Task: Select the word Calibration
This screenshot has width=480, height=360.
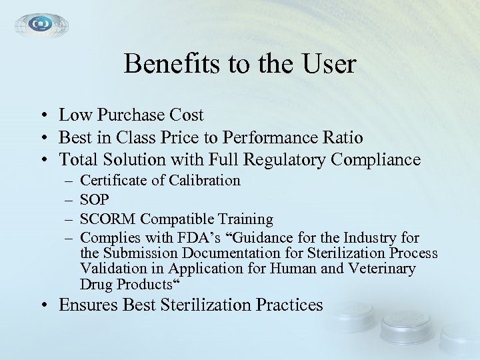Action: (x=205, y=181)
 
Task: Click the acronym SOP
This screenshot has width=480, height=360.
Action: (x=94, y=199)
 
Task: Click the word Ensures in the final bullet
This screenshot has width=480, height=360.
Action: (x=87, y=306)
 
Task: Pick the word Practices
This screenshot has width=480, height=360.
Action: (x=288, y=306)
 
